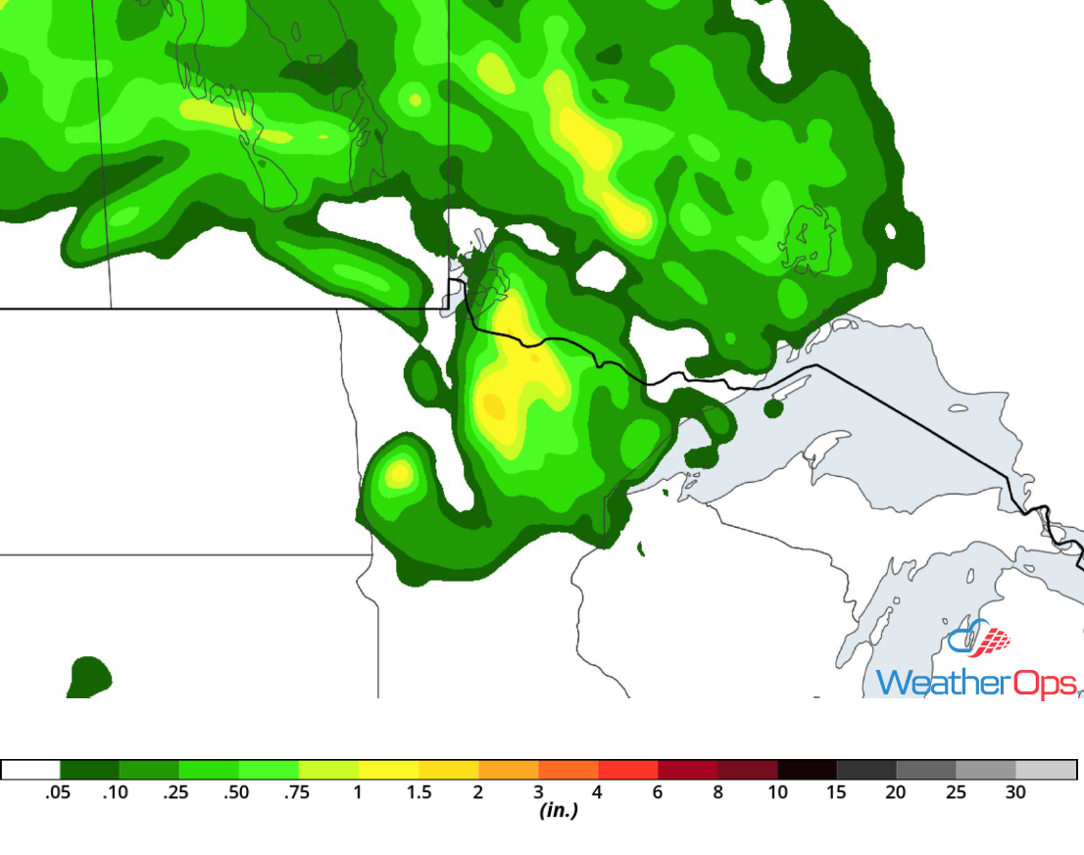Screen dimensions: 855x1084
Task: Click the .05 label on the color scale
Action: (x=59, y=792)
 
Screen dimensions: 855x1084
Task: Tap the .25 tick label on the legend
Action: (x=178, y=792)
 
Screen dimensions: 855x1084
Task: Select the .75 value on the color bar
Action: (x=297, y=792)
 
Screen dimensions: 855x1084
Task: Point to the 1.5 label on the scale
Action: (x=419, y=792)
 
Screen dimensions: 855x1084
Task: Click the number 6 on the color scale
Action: (x=658, y=792)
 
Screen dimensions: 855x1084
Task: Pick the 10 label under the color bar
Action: (x=777, y=792)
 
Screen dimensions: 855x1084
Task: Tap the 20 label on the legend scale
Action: (x=896, y=792)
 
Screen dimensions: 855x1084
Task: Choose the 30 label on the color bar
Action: (x=1015, y=792)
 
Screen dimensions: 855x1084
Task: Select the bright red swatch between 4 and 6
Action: (x=627, y=770)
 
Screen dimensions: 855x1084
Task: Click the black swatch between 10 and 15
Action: (x=807, y=770)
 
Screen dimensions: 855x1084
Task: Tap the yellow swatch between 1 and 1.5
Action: (x=388, y=770)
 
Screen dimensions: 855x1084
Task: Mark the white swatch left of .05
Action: (x=30, y=770)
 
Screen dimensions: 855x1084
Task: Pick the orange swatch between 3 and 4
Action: (x=567, y=770)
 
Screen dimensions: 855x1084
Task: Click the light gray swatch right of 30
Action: (x=1046, y=770)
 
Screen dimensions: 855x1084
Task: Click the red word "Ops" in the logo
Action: (x=1045, y=682)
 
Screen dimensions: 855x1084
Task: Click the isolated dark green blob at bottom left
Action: (x=89, y=676)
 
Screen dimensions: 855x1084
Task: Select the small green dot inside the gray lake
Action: (x=772, y=408)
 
